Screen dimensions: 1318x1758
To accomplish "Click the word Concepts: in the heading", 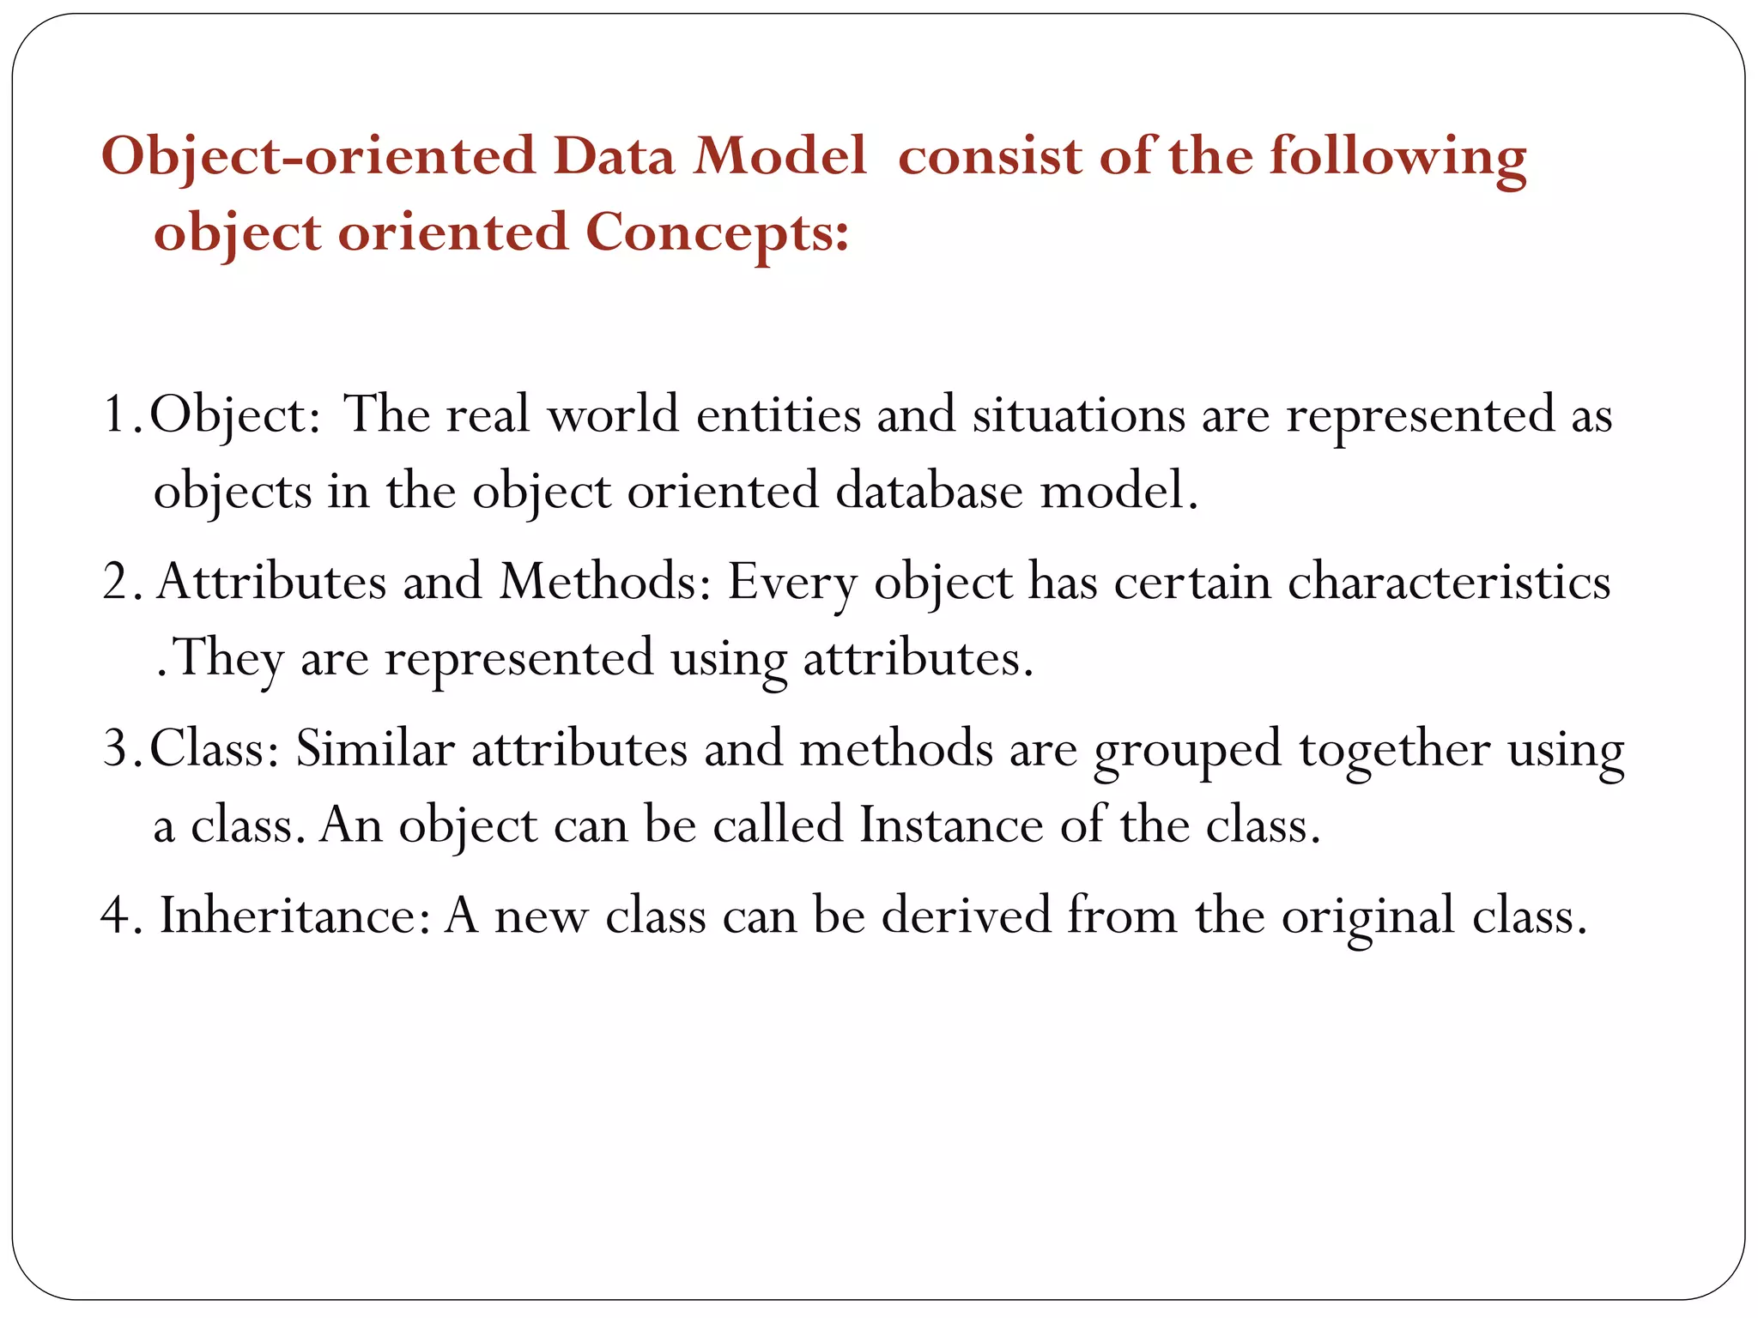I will click(717, 233).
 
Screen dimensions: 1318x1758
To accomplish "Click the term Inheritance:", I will click(294, 916).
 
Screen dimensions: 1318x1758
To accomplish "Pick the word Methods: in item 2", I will click(605, 583).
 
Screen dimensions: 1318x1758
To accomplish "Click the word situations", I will click(1077, 415).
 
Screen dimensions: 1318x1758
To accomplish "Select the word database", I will click(929, 492).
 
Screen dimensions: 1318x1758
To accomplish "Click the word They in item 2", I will click(228, 659).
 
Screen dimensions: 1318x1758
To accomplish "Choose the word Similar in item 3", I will click(375, 749).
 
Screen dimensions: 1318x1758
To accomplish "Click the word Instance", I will click(950, 825).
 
